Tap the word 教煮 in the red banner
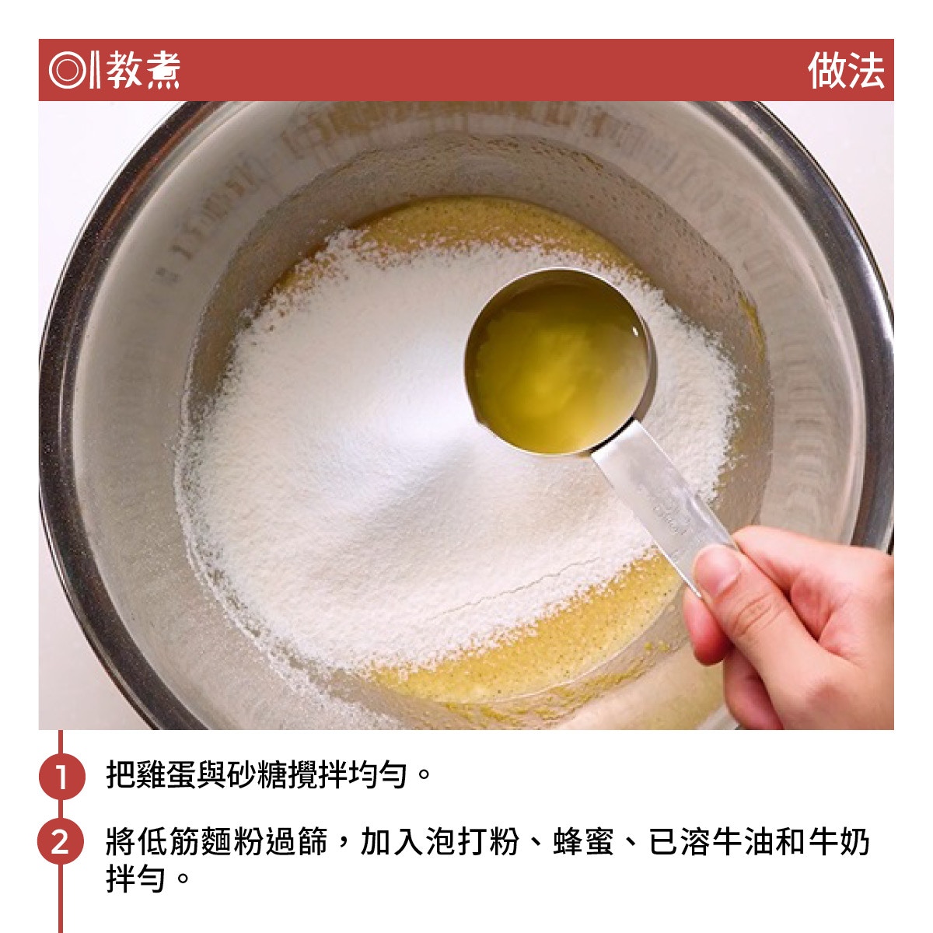click(x=143, y=70)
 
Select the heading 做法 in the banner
click(x=845, y=70)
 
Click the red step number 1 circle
click(x=61, y=776)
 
